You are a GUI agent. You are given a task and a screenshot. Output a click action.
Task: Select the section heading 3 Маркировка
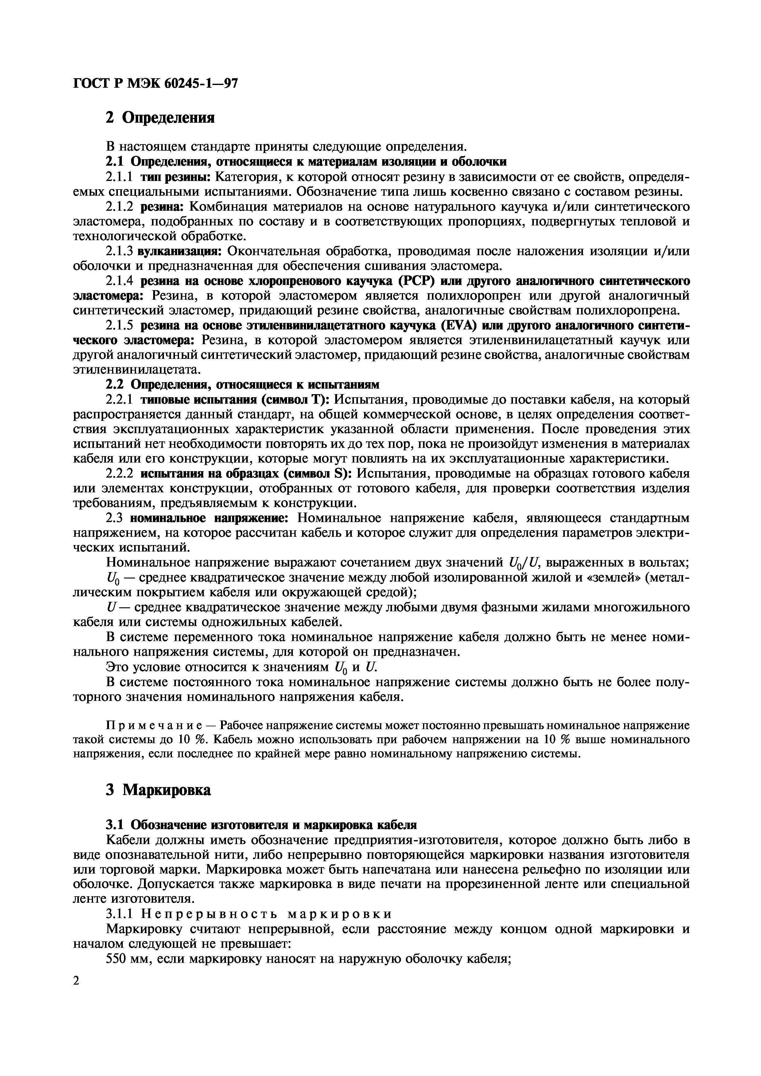click(158, 790)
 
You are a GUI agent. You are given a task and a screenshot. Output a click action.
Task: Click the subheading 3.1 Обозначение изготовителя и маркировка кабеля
click(261, 825)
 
